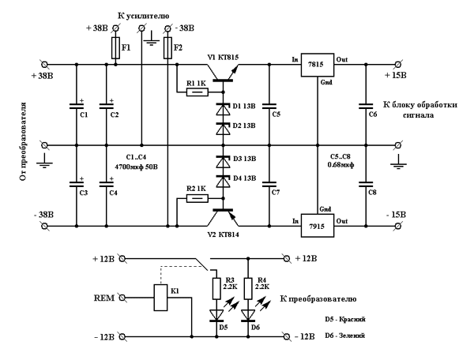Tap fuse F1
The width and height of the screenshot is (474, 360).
115,49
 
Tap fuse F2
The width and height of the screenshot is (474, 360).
167,49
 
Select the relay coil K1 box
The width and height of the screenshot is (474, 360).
161,297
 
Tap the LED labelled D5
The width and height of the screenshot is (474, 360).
215,317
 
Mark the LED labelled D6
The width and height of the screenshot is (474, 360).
250,317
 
